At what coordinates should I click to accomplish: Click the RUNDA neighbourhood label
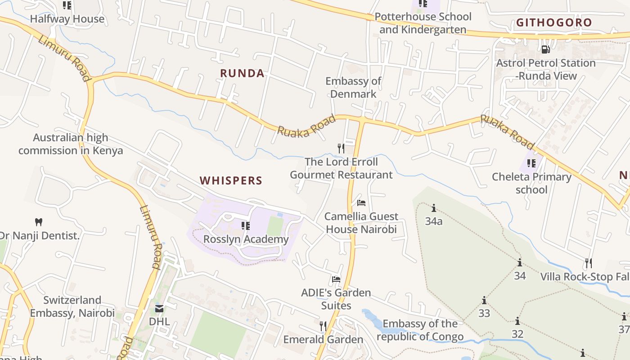point(242,73)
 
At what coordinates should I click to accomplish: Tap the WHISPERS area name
point(231,181)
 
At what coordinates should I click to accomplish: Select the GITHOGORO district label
point(554,22)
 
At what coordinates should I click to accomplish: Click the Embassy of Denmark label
point(353,87)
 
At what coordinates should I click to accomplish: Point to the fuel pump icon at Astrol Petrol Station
point(545,50)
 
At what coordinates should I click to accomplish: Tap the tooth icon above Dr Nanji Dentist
point(39,222)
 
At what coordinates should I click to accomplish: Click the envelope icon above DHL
point(159,309)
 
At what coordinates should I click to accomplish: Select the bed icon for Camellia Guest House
point(361,203)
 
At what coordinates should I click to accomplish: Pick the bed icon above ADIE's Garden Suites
point(336,279)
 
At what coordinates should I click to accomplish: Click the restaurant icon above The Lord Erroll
point(341,148)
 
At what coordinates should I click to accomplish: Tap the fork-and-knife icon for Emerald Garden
point(323,325)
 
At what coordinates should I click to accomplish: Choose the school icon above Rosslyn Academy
point(245,225)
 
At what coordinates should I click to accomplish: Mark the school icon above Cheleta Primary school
point(531,163)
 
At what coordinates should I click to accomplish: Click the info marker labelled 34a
point(434,208)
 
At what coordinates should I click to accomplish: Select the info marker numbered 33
point(484,300)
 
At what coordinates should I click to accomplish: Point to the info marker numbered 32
point(517,321)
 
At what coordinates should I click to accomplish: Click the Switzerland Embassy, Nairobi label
point(72,306)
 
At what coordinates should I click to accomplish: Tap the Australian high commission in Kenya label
point(71,144)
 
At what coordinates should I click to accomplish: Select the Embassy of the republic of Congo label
point(420,330)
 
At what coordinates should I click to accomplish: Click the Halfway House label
point(67,19)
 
